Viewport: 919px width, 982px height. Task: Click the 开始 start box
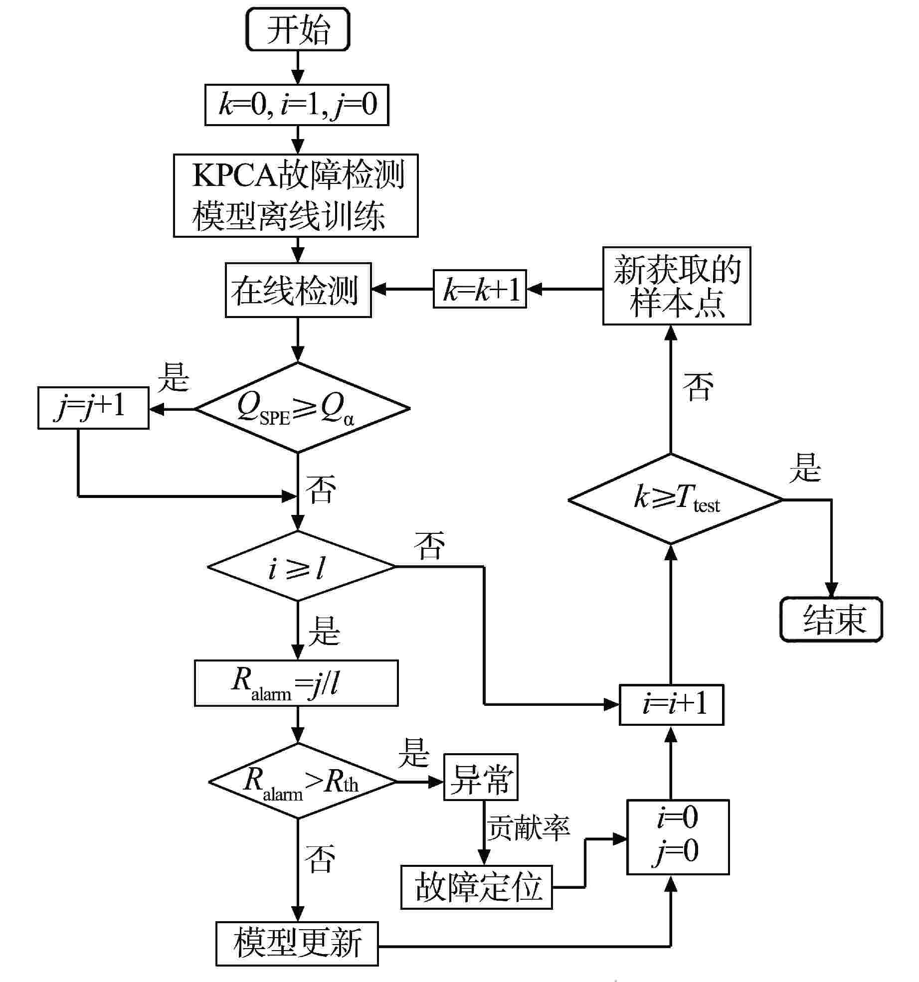coord(298,29)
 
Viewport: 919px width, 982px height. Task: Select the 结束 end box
coord(831,619)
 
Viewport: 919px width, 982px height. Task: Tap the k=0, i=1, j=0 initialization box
coord(297,105)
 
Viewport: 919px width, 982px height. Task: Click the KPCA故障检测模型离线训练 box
coord(296,195)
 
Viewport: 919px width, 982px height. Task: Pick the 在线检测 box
coord(298,290)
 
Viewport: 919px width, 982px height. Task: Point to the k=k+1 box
coord(480,289)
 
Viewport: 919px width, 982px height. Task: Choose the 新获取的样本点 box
coord(677,286)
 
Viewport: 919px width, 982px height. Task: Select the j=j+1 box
coord(93,408)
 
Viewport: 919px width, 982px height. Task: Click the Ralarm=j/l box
coord(296,683)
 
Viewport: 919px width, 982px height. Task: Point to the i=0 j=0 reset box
coord(678,837)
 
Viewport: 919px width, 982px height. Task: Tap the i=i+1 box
coord(671,704)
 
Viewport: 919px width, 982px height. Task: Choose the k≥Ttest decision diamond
coord(675,499)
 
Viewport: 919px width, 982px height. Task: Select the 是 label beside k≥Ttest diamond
coord(805,468)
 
